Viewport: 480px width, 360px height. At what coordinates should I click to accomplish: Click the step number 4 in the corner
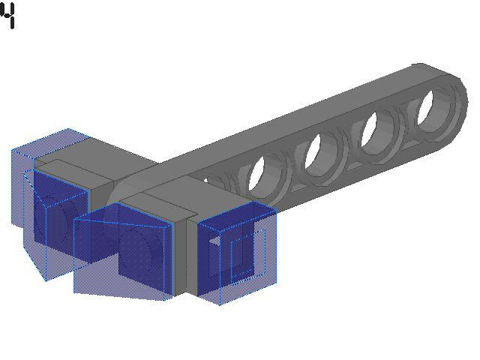click(8, 16)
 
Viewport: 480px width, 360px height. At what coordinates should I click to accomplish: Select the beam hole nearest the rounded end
click(426, 108)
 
